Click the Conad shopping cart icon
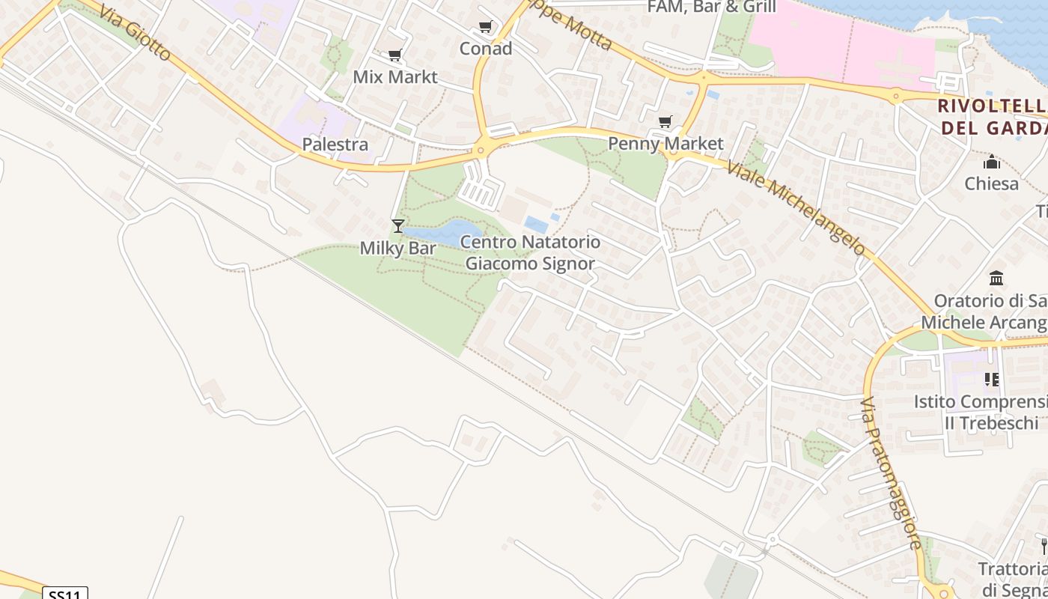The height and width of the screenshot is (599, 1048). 486,27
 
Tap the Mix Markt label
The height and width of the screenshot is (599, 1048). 395,77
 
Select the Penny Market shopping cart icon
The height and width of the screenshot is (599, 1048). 665,121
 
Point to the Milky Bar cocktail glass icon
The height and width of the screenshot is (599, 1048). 398,225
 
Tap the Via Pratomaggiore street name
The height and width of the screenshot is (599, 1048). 891,474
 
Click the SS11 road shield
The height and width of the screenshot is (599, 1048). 65,594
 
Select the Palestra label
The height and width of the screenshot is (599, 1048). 335,144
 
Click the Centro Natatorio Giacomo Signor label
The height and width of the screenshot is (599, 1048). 530,252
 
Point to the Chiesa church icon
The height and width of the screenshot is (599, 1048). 992,162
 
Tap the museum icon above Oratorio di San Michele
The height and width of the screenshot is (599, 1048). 996,279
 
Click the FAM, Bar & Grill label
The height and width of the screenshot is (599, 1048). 711,7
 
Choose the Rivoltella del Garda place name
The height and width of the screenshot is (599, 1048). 992,116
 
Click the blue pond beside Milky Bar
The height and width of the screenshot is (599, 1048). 449,231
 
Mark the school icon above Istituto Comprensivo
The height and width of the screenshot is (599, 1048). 992,380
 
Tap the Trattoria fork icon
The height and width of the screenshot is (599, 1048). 1043,546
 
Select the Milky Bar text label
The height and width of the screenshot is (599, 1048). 398,248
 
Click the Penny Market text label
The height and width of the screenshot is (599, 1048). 665,143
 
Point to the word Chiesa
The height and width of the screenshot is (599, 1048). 992,183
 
